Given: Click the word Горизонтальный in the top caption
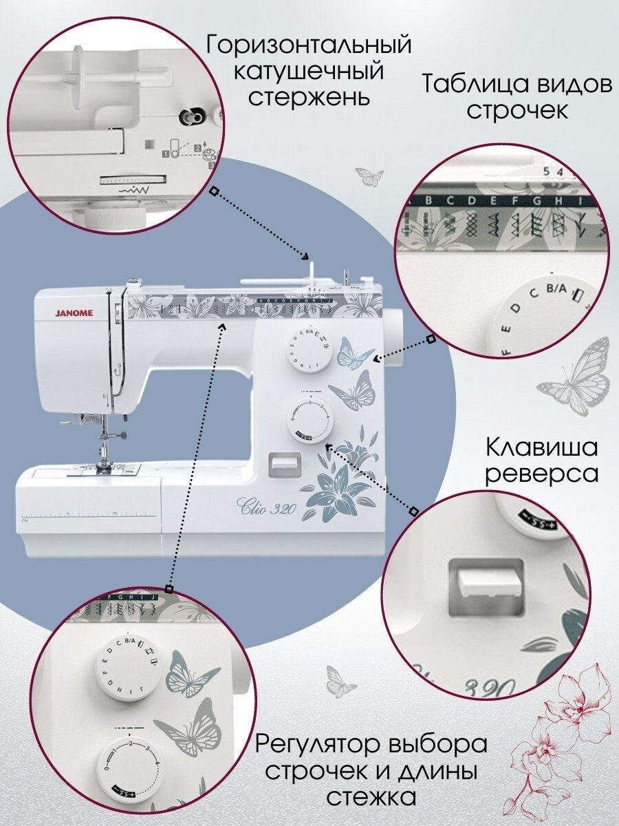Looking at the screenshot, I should pos(309,45).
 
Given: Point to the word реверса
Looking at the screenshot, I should pos(542,474).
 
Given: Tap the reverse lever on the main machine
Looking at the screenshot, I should pos(285,460).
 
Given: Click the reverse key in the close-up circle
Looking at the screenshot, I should pos(485,577).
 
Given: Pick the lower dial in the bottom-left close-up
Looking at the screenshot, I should pos(131,762).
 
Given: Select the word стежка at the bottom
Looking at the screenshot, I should pos(371,797).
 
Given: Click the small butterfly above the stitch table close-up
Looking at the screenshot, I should pos(370,178).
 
